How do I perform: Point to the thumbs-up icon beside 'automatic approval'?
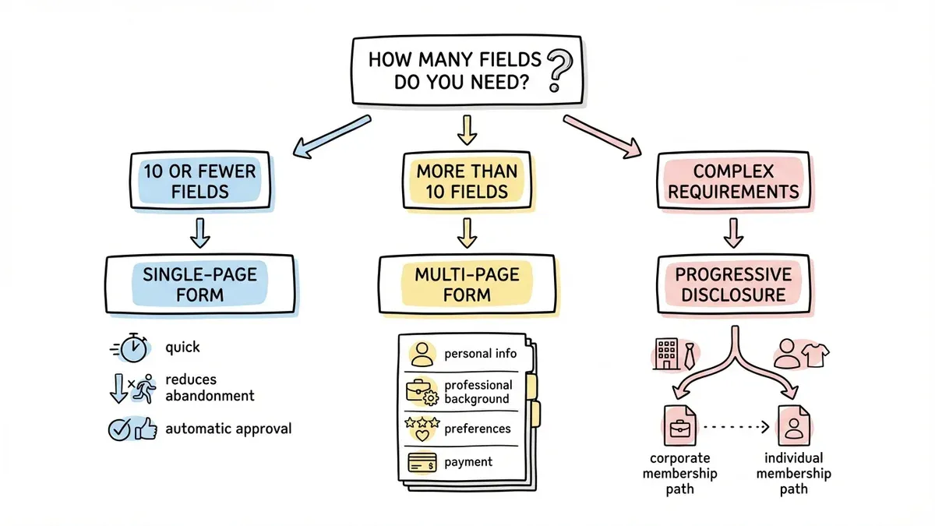click(x=146, y=429)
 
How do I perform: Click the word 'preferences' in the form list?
click(x=477, y=428)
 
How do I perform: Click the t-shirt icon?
click(x=814, y=355)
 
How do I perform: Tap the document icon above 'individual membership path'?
click(x=794, y=425)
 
